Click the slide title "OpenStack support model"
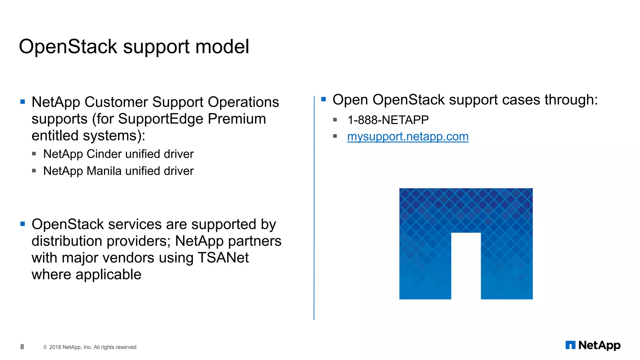[134, 47]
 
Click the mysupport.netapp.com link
[407, 137]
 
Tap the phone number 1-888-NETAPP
[388, 120]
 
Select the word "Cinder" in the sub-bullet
[104, 154]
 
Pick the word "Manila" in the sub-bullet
[104, 171]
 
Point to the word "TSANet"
[223, 258]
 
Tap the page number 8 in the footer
[22, 347]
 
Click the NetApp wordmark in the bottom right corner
[599, 345]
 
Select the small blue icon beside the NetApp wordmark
[570, 345]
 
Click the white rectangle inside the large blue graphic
[466, 266]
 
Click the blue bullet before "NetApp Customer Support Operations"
[22, 102]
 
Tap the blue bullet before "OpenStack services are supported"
[22, 224]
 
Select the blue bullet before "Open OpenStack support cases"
[323, 99]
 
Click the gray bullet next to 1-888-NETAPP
[335, 120]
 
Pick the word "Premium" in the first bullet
[237, 119]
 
